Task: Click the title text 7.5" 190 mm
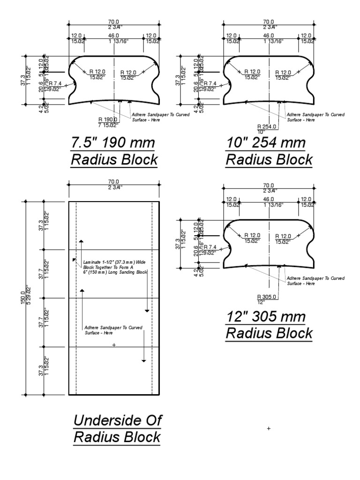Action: pyautogui.click(x=113, y=142)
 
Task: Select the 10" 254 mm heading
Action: pyautogui.click(x=266, y=142)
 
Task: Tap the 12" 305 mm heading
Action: pyautogui.click(x=266, y=316)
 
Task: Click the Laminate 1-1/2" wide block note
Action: pyautogui.click(x=115, y=268)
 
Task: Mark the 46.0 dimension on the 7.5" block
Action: pyautogui.click(x=114, y=35)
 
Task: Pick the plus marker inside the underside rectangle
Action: pyautogui.click(x=114, y=345)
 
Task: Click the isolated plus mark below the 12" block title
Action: pyautogui.click(x=269, y=428)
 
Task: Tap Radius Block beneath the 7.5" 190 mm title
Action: pyautogui.click(x=114, y=160)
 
